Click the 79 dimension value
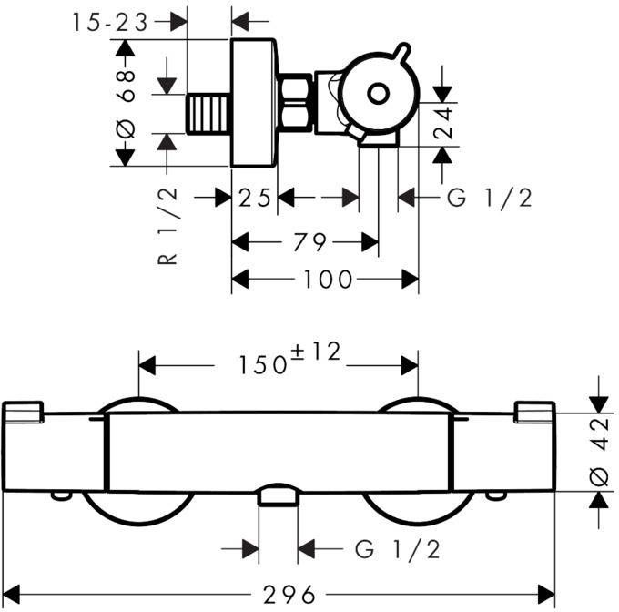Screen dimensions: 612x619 click(x=309, y=242)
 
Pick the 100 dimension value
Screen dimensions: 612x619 click(x=327, y=280)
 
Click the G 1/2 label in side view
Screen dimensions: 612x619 click(x=490, y=197)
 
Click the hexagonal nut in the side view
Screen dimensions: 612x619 click(x=296, y=103)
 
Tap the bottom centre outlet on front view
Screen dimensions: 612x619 click(x=279, y=496)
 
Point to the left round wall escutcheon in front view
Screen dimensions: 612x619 click(x=138, y=510)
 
